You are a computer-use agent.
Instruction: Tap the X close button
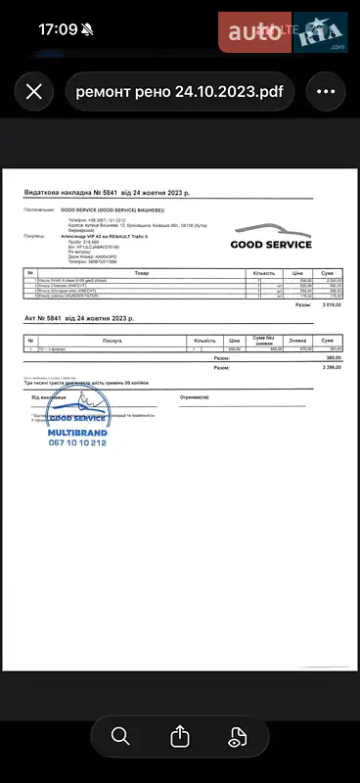tap(33, 92)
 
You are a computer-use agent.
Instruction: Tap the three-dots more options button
tap(326, 92)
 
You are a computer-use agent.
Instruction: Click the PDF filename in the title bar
tap(179, 92)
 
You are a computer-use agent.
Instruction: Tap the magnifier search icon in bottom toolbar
tap(120, 736)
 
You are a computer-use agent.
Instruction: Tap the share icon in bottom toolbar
tap(179, 736)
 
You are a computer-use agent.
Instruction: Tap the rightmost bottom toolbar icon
tap(238, 736)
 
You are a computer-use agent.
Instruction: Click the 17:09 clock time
tap(57, 29)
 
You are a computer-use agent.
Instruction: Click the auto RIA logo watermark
tap(284, 32)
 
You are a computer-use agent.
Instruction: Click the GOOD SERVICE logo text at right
tap(271, 245)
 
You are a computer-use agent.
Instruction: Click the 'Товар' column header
tap(142, 273)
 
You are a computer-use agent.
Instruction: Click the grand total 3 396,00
tap(332, 367)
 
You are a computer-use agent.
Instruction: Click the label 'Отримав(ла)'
tap(196, 397)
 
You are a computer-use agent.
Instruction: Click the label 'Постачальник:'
tap(40, 209)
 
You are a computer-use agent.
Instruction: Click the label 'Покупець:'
tap(34, 236)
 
